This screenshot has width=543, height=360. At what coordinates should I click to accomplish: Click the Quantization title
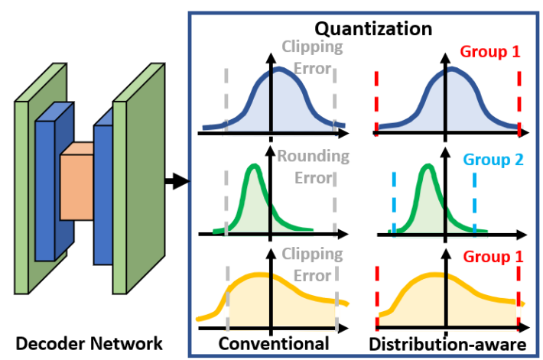(x=375, y=29)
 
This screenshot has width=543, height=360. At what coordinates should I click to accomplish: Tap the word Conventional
(x=274, y=343)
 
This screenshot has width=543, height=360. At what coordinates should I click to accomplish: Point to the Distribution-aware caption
(x=447, y=344)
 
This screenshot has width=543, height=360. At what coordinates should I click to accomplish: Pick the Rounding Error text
(x=314, y=167)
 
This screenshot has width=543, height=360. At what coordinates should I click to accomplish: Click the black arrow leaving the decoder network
(x=176, y=181)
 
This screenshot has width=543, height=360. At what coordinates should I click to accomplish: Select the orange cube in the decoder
(x=76, y=183)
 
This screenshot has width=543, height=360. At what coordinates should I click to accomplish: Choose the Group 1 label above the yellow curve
(x=492, y=256)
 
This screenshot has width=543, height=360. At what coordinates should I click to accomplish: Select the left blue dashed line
(x=393, y=203)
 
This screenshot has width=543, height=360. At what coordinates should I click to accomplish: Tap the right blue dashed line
(x=474, y=203)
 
